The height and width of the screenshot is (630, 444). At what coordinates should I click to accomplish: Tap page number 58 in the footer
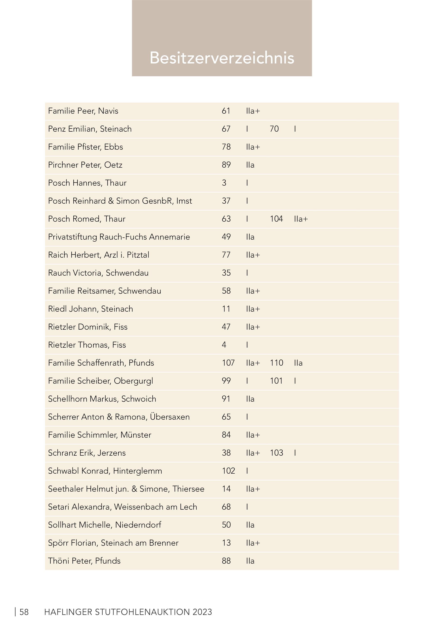24,612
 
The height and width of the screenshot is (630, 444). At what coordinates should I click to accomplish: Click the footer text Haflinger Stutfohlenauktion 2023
128,612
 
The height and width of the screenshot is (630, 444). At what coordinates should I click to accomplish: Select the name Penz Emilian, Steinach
90,129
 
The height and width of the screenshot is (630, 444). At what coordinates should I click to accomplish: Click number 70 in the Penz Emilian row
274,129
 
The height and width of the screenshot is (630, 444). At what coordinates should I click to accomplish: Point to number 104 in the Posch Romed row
276,219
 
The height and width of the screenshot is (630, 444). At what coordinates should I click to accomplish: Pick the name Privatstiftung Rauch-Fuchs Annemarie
119,237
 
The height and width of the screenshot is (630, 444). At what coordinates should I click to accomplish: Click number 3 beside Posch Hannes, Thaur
224,183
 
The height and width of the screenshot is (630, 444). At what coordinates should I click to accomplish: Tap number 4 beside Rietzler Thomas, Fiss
224,345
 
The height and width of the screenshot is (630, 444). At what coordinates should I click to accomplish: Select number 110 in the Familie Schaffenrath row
276,363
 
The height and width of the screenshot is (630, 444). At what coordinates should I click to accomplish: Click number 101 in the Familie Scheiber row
276,381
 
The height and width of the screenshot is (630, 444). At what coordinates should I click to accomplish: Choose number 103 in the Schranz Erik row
276,453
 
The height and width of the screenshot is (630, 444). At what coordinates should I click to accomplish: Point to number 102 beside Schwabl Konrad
228,471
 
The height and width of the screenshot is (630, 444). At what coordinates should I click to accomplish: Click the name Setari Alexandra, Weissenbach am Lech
122,507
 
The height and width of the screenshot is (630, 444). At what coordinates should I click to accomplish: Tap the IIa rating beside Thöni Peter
250,561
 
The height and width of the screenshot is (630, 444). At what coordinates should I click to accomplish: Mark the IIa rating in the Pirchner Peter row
250,165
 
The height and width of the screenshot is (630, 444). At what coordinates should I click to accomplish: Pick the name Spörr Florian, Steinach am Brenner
113,543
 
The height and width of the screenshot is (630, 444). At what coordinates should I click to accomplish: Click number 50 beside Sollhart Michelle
226,525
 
